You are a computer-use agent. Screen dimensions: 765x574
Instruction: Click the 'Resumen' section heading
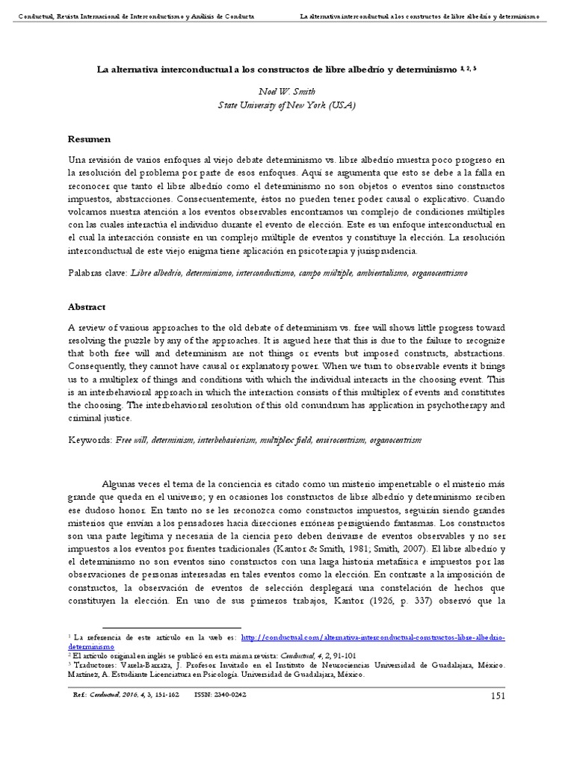click(89, 139)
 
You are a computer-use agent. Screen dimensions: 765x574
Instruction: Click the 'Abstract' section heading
click(87, 306)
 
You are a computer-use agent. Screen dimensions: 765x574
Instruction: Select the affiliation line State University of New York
click(286, 105)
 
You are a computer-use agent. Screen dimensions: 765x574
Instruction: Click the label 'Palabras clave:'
click(98, 273)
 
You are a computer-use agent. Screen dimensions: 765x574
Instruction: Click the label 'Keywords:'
click(90, 441)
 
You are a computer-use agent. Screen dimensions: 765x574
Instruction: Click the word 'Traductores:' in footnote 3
click(93, 663)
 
